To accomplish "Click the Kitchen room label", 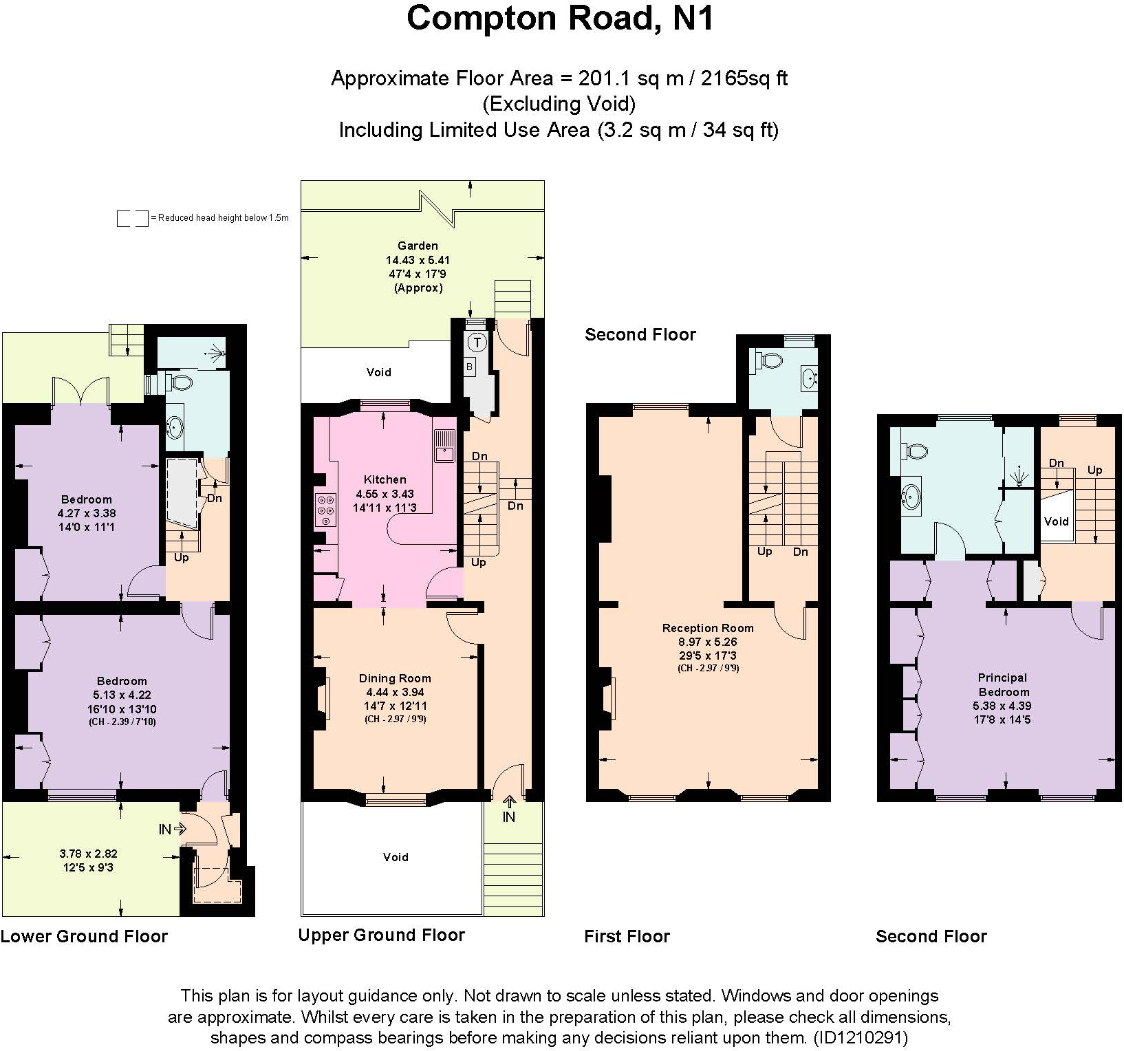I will click(385, 479).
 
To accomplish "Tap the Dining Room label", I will click(395, 678).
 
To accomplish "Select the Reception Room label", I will click(708, 628).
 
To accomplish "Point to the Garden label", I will click(418, 246).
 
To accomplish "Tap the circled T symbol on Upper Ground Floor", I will click(477, 342).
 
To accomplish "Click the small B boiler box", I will click(470, 367).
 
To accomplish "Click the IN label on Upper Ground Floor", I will click(509, 816).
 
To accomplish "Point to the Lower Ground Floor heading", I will click(84, 936).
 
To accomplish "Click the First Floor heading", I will click(627, 936).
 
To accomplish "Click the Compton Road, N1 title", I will click(561, 19).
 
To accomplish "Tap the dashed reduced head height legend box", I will click(132, 219).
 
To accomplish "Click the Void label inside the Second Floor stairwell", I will click(1056, 521).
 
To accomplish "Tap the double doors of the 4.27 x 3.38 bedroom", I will click(81, 391).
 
